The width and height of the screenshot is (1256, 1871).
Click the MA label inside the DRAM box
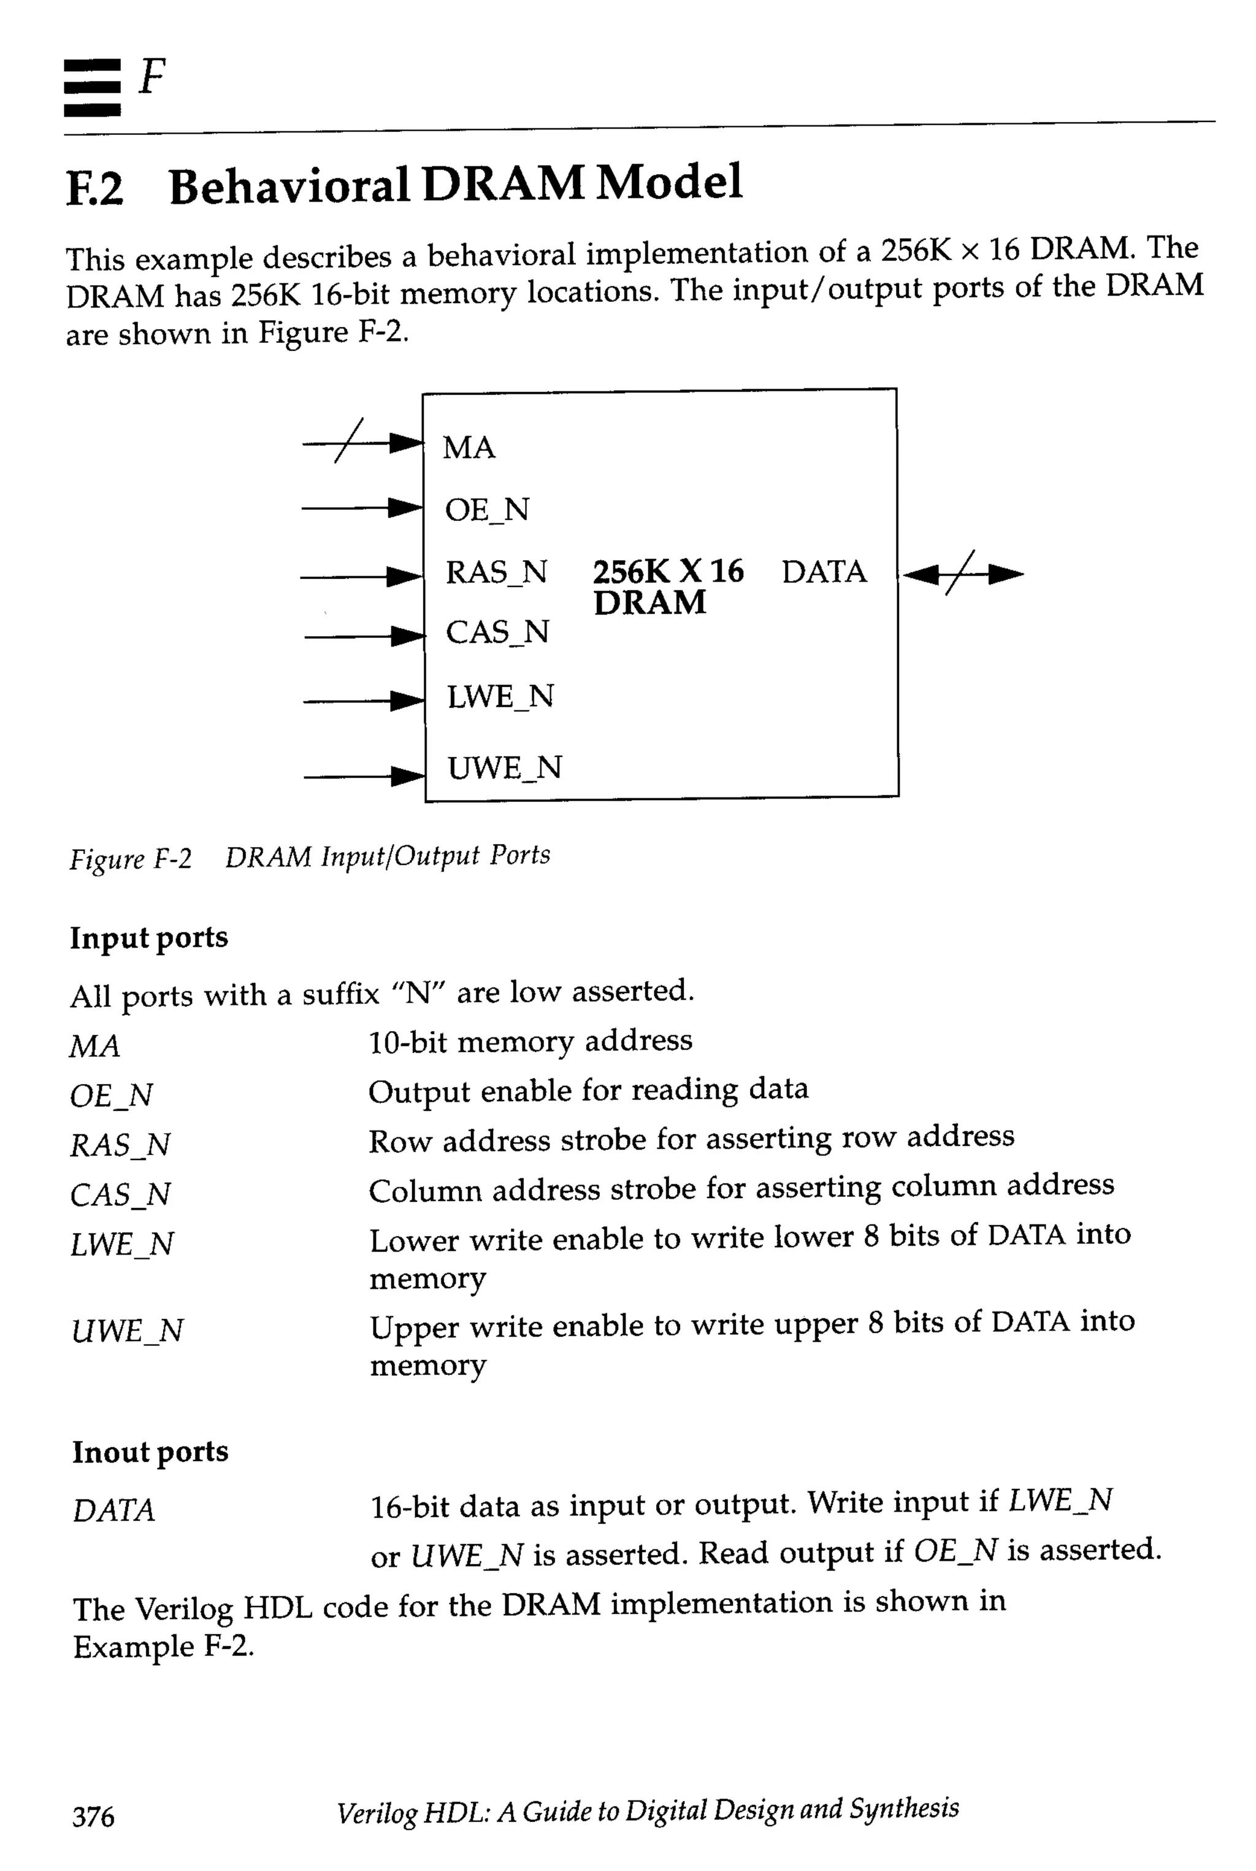point(469,447)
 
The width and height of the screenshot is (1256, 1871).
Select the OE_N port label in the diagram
point(487,510)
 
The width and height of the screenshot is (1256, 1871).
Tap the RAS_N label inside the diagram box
point(496,572)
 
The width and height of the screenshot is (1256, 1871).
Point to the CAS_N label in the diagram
point(497,632)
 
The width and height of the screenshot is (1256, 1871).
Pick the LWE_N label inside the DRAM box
point(500,696)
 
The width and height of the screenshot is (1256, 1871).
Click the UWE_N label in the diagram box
point(504,767)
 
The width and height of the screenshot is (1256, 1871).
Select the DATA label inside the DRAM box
point(824,572)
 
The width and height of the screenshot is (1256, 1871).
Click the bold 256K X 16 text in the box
point(667,571)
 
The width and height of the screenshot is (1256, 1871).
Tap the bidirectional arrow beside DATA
point(963,574)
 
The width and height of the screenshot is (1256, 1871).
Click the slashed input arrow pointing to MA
point(362,442)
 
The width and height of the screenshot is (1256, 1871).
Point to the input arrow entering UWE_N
point(364,775)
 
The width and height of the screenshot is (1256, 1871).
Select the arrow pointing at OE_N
point(362,507)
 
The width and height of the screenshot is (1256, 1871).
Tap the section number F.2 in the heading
point(94,188)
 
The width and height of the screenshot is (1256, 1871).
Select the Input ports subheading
point(148,937)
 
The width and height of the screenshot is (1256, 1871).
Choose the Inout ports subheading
point(150,1451)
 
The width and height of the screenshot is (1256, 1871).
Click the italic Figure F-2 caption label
point(131,859)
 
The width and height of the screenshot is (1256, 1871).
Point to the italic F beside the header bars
point(151,77)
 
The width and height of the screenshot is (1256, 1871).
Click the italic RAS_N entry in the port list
point(120,1144)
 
